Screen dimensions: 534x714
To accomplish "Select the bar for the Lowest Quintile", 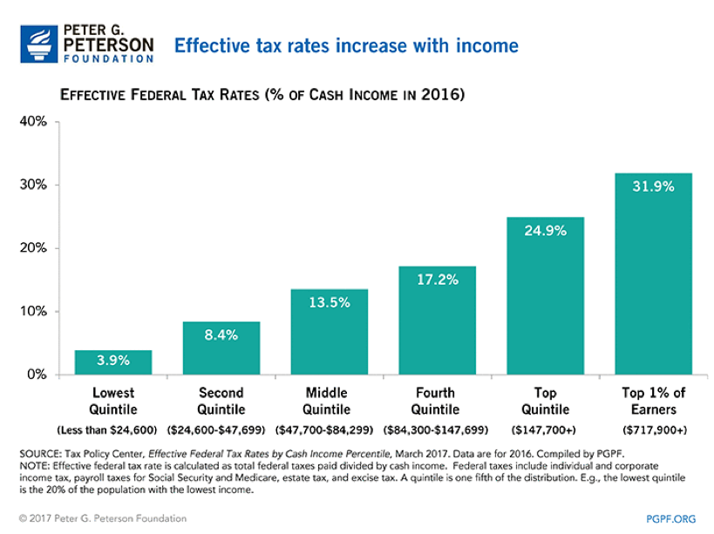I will (113, 362).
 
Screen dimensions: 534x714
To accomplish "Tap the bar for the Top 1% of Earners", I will (653, 274).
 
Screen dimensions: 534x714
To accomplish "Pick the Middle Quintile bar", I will (329, 332).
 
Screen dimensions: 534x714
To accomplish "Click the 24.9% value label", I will (545, 231).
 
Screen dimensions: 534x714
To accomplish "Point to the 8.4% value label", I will (221, 335).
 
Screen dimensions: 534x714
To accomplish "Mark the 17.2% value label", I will (437, 280).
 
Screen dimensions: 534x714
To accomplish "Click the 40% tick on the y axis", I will (34, 122).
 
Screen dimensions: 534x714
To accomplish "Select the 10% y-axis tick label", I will (34, 312).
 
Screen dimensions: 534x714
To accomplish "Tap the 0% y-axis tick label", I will (37, 375).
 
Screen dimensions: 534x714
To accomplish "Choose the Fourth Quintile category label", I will (435, 402).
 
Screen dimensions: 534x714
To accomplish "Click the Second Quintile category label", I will (221, 402).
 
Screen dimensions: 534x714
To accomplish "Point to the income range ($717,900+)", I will (653, 429).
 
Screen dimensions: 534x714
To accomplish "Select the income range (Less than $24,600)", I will (113, 429).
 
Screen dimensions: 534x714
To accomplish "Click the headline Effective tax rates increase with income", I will (346, 45).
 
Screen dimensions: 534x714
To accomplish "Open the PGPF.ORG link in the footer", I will (671, 519).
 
